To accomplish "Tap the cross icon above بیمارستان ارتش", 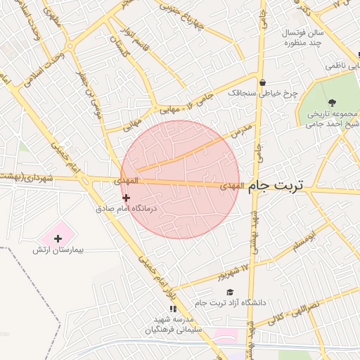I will [58, 238].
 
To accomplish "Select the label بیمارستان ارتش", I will [58, 250].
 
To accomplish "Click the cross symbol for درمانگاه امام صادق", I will [126, 198].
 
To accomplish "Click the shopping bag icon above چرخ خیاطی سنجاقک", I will [262, 82].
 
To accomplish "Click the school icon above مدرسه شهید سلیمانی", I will [172, 309].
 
